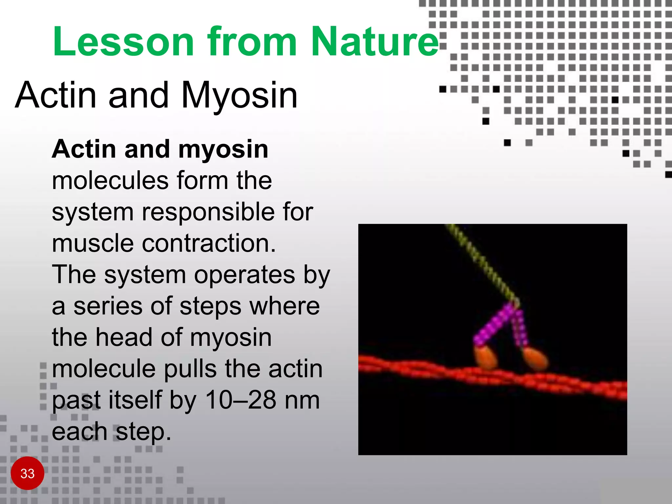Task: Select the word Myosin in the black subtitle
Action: [239, 95]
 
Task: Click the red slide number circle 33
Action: [28, 473]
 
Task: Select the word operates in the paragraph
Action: [244, 275]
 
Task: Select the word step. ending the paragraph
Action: [143, 432]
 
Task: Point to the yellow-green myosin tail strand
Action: [482, 262]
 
